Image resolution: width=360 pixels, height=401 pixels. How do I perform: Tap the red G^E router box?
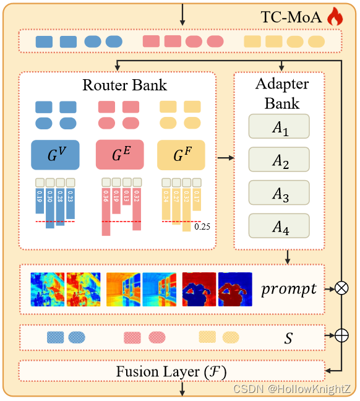pos(119,155)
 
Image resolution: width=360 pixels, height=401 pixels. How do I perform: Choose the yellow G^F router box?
pos(181,155)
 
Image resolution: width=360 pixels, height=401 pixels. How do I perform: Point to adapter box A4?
pos(278,225)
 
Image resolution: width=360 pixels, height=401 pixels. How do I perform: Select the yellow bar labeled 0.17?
pos(197,201)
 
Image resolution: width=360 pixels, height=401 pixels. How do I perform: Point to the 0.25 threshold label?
pos(203,227)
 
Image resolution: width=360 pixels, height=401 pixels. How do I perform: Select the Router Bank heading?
pos(124,85)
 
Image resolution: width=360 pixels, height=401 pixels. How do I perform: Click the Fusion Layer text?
pos(171,371)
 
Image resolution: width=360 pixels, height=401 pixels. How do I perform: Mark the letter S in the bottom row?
pos(288,338)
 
